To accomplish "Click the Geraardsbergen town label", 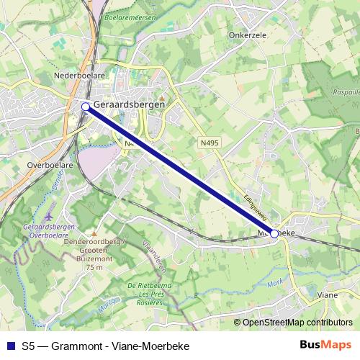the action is pyautogui.click(x=130, y=104).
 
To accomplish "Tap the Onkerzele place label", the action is pyautogui.click(x=248, y=33).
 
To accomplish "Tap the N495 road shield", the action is pyautogui.click(x=209, y=143).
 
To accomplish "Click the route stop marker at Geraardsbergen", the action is pyautogui.click(x=86, y=107).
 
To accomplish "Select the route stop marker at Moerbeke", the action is pyautogui.click(x=274, y=233).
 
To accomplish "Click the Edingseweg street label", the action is pyautogui.click(x=255, y=205).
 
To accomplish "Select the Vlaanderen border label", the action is pyautogui.click(x=156, y=257).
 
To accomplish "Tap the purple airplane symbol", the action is pyautogui.click(x=48, y=215).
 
